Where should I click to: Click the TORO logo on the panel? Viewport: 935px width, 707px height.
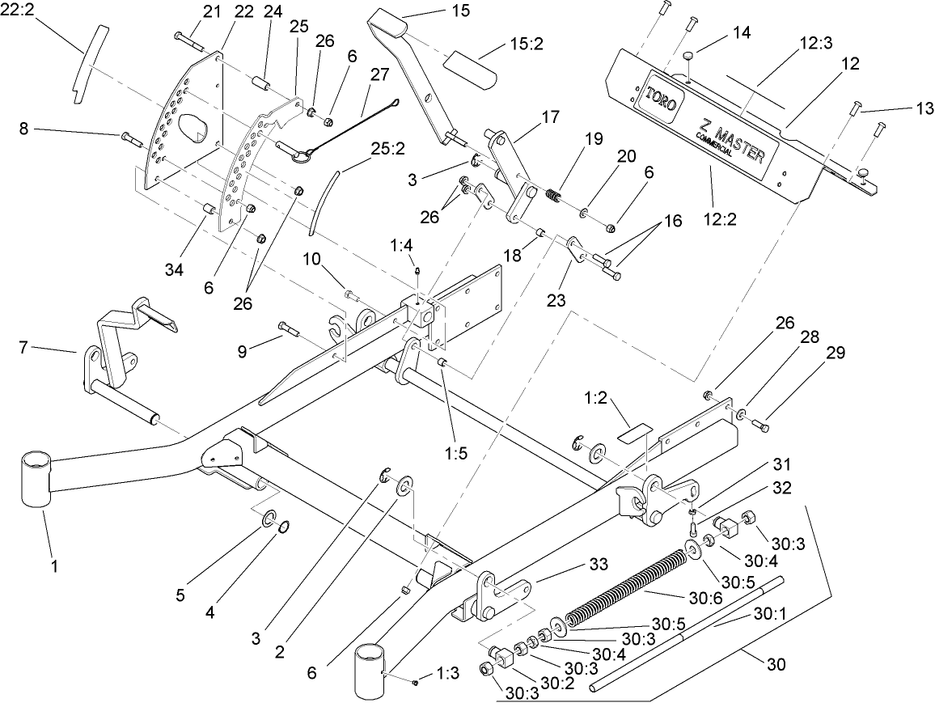tap(662, 99)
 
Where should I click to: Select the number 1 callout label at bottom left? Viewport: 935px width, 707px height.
tap(55, 567)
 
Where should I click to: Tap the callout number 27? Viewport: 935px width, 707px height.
tap(379, 74)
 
